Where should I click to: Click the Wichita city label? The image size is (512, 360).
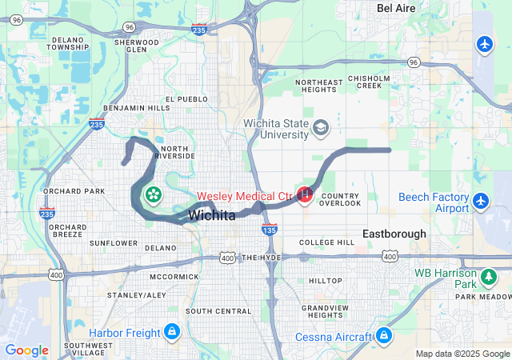212,216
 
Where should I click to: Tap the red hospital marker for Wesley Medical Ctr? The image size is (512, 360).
305,194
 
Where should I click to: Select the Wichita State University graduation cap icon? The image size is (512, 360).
321,128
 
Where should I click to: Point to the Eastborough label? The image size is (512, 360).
394,234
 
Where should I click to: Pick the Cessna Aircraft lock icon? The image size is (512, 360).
384,335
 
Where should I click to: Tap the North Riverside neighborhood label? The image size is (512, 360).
177,152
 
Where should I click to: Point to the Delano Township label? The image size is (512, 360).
68,43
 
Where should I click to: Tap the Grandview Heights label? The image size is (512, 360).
326,311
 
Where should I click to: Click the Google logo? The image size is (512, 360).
26,350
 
